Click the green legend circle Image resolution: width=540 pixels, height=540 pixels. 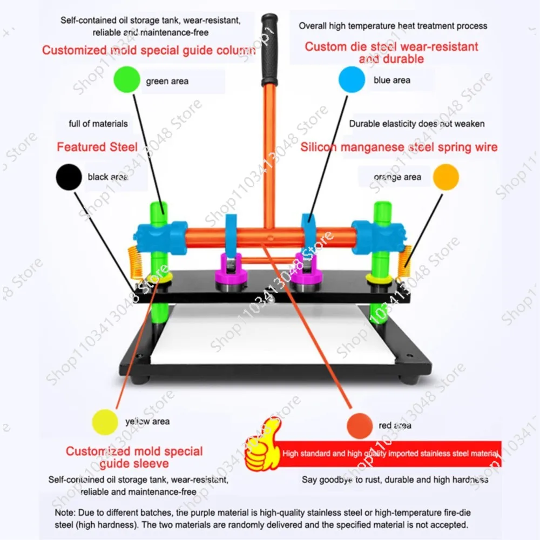[x=127, y=79]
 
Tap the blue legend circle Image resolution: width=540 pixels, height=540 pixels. [x=352, y=79]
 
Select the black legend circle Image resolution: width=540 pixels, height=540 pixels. [x=69, y=177]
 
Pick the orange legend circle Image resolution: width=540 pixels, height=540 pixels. [x=446, y=177]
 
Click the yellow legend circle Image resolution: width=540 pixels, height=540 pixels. [x=105, y=422]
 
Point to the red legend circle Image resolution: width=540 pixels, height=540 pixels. [x=360, y=426]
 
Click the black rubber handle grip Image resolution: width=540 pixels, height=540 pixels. [x=269, y=50]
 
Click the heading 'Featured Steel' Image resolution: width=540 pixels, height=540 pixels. [x=97, y=147]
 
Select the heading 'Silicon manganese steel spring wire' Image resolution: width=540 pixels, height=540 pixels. [x=399, y=147]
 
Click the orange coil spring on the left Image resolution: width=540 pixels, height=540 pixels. [x=136, y=263]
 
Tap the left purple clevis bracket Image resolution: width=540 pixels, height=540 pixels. [x=231, y=268]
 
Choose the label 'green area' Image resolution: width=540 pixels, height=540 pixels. [x=167, y=82]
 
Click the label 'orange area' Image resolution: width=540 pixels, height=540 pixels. [x=397, y=177]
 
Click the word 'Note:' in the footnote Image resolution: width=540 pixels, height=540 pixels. [x=65, y=512]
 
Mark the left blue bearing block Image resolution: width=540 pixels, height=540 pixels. [x=161, y=238]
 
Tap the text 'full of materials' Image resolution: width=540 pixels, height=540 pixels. [x=98, y=124]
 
